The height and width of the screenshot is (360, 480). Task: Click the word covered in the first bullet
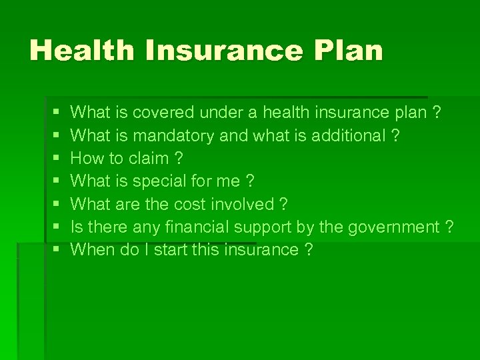[x=164, y=113]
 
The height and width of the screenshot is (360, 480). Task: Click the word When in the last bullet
[x=91, y=250]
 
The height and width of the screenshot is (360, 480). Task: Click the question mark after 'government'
[x=449, y=227]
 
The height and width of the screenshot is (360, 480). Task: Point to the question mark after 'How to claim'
[x=178, y=159]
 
